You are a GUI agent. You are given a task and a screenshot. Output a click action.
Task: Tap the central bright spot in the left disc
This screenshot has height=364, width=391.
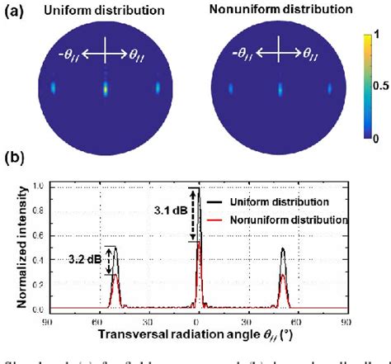106,86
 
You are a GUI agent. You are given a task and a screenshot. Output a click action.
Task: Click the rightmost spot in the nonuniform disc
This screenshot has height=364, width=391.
329,87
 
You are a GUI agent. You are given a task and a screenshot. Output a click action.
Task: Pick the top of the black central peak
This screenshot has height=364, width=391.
198,187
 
